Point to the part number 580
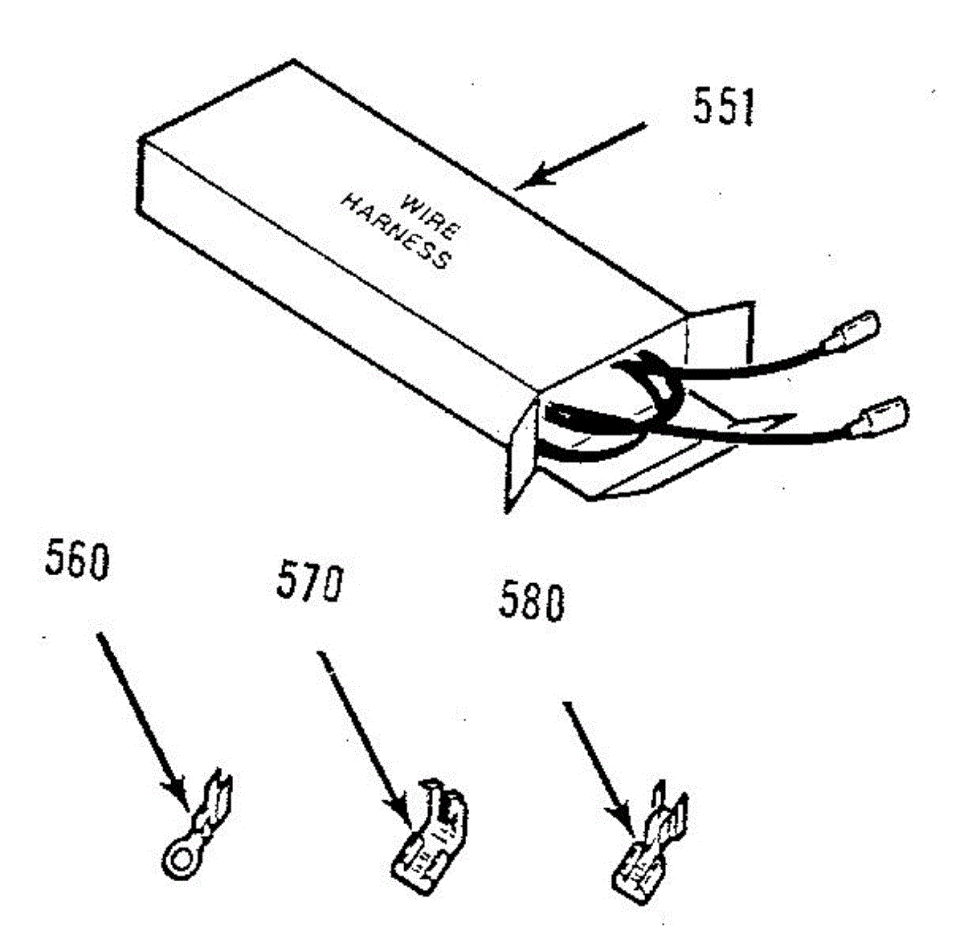[x=531, y=602]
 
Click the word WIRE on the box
[x=429, y=215]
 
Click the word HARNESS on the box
[x=394, y=231]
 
